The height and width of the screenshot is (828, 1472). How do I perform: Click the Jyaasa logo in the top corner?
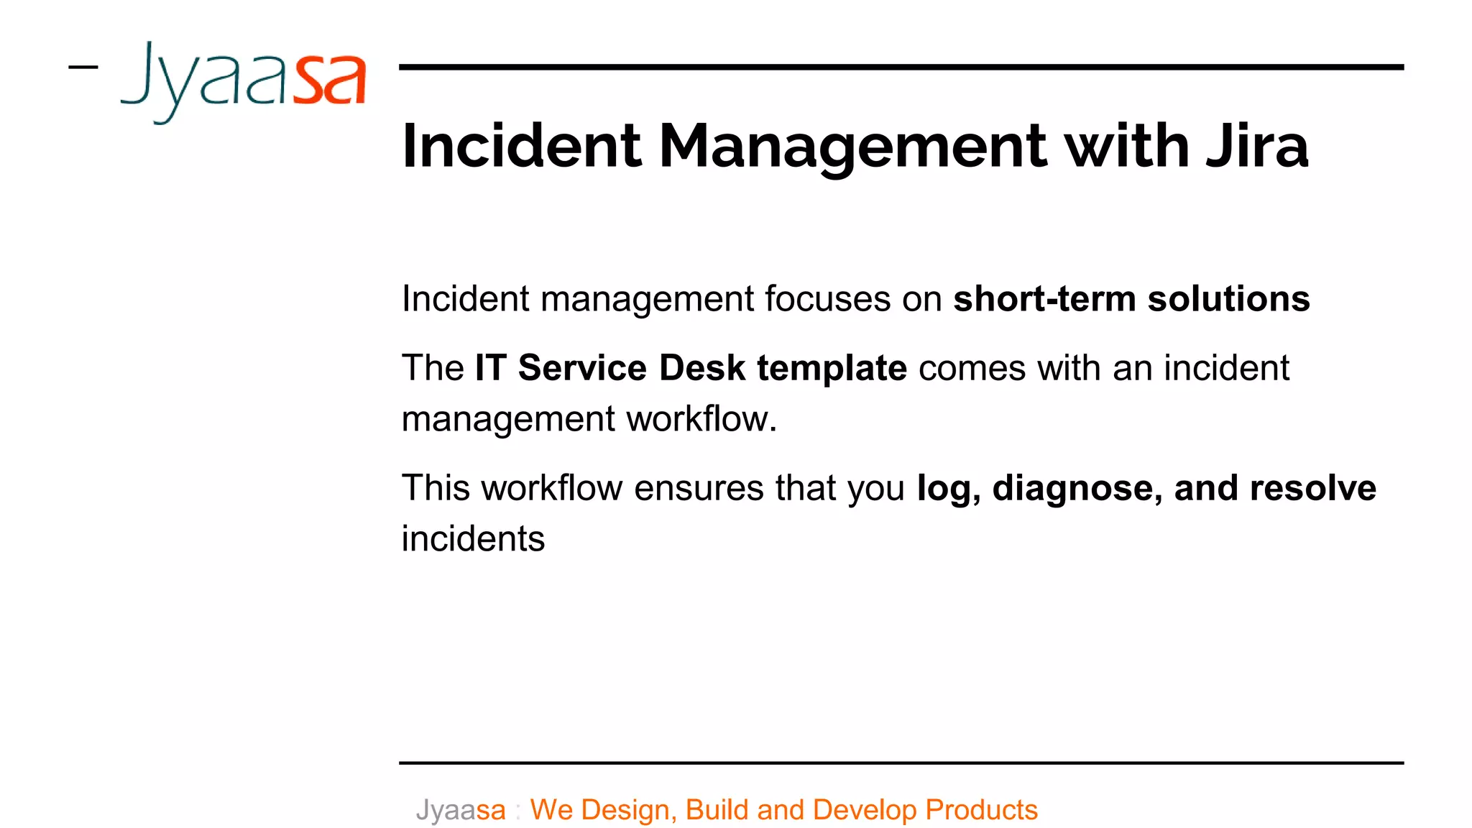coord(244,80)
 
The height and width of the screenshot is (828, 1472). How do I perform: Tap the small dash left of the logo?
coord(83,68)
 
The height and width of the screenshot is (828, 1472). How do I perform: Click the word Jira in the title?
coord(1257,146)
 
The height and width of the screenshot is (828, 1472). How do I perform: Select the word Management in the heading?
coord(852,147)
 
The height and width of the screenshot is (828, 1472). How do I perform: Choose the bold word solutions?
coord(1228,299)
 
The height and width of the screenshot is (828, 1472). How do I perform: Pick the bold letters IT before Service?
coord(491,368)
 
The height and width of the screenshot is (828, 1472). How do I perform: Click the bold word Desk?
coord(701,368)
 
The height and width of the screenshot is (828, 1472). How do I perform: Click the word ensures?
coord(699,488)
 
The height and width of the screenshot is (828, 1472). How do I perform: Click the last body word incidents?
coord(473,539)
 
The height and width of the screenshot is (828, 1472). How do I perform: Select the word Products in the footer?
coord(981,810)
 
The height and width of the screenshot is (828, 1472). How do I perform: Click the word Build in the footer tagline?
coord(717,810)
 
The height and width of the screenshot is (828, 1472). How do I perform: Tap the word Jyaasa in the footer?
coord(461,811)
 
